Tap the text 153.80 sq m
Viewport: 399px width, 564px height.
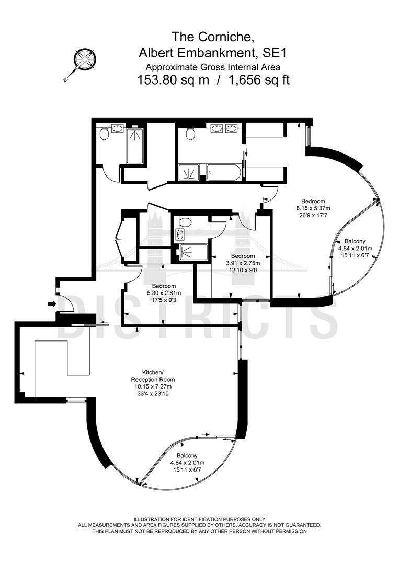coord(173,79)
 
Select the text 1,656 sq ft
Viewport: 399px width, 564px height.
coord(259,79)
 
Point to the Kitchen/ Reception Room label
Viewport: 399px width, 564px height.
coord(153,376)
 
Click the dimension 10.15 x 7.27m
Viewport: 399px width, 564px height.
coord(153,386)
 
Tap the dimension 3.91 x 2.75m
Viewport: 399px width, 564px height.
coord(243,263)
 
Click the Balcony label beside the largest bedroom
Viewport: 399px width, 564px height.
coord(355,241)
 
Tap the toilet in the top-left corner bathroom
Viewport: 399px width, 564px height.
coord(104,134)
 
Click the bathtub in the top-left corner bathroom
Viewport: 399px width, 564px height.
coord(135,146)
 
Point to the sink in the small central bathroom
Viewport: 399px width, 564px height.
coord(179,235)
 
